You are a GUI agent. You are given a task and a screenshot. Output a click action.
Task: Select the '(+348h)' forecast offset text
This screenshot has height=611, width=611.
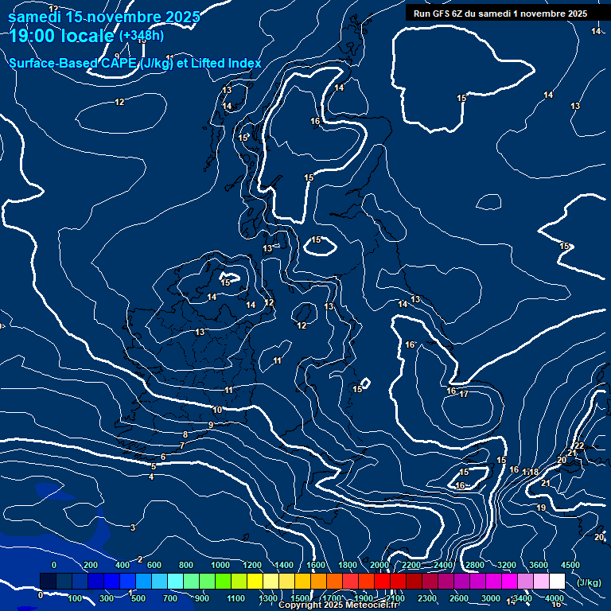point(142,36)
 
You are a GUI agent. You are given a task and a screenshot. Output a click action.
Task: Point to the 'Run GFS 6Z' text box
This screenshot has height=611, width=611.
point(500,13)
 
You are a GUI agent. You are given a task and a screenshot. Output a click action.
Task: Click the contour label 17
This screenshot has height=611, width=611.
point(464,394)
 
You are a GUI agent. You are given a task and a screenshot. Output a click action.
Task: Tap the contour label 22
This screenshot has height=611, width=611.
point(579,446)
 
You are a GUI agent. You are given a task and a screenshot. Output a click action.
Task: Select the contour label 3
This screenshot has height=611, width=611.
point(133,527)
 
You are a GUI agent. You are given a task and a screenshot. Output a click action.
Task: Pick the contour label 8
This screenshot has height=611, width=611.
point(185,434)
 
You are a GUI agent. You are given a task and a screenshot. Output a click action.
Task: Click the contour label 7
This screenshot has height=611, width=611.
point(181,446)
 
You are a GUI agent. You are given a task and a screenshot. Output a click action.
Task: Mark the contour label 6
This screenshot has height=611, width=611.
point(163,457)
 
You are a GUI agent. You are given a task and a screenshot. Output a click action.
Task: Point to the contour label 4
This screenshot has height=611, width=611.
point(151,477)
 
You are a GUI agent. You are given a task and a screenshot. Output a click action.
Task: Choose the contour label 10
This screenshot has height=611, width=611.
point(218,410)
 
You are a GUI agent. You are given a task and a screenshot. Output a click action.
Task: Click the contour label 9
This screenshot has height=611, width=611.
point(211,425)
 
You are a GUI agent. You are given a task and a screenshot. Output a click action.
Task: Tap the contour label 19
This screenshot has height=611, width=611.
point(541,508)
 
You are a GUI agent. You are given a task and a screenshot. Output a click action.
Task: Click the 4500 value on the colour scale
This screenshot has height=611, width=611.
point(570,564)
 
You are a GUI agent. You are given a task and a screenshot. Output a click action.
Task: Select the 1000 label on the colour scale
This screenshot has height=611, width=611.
point(220,564)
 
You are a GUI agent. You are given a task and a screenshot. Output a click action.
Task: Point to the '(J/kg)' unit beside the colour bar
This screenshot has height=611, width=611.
point(588,583)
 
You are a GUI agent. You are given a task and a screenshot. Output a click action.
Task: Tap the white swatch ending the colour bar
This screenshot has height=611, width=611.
point(557,582)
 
